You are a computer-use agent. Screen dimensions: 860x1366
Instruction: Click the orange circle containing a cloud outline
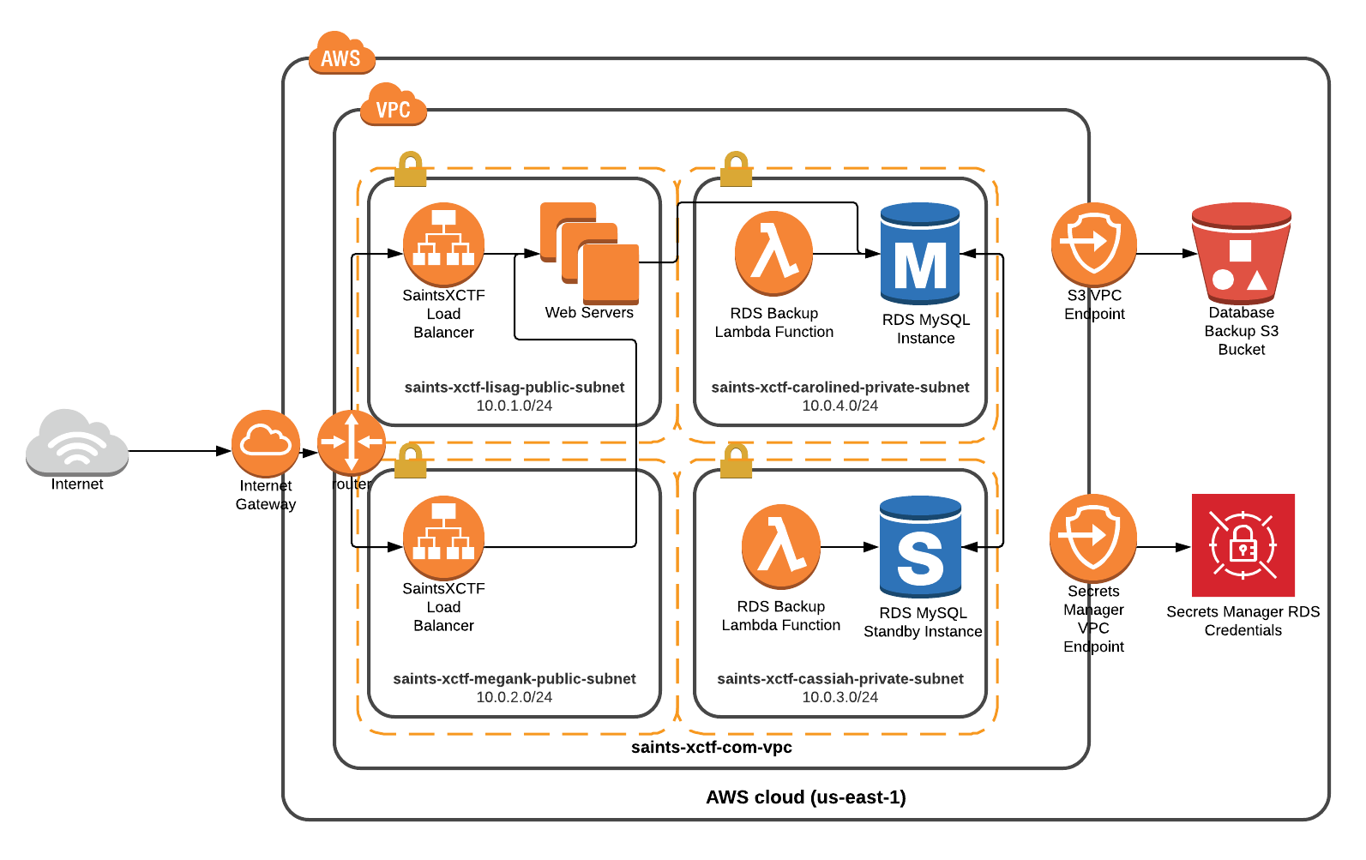point(266,442)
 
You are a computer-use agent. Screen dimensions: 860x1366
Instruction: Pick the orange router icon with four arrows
point(352,442)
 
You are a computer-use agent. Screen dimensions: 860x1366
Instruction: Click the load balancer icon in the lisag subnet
point(443,244)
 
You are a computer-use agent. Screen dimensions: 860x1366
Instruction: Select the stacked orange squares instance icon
point(590,254)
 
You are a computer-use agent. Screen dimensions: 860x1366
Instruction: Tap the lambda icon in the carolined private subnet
point(773,253)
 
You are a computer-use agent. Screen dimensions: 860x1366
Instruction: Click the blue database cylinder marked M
point(920,254)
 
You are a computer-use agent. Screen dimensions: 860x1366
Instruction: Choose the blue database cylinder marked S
point(920,546)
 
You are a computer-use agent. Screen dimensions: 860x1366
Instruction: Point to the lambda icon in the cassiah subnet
point(780,546)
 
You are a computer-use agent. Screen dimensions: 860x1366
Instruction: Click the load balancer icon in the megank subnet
point(443,538)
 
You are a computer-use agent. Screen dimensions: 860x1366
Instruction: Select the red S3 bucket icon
point(1241,254)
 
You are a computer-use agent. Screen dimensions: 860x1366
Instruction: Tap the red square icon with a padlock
point(1243,545)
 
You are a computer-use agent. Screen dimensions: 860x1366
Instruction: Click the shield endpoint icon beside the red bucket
point(1093,244)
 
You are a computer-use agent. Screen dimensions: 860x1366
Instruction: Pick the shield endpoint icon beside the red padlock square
point(1092,538)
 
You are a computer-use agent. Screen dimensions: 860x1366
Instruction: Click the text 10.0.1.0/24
point(514,406)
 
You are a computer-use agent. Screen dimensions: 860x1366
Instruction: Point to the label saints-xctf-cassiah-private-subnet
point(840,679)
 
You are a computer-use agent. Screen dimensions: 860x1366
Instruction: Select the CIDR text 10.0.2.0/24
point(514,697)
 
